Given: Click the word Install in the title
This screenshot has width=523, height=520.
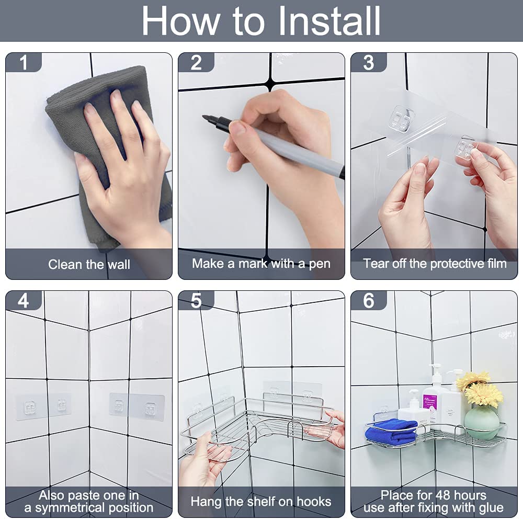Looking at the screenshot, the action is [329, 21].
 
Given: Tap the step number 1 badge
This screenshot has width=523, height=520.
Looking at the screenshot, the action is [24, 62].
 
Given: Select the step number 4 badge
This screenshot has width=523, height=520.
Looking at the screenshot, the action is [24, 300].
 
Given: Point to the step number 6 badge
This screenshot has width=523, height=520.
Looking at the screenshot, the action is [369, 300].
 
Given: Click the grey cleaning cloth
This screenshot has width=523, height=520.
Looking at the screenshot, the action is [107, 147].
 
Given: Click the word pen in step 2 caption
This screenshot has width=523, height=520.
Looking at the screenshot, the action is [320, 264].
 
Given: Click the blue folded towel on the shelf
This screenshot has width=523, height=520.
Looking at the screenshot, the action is [391, 432].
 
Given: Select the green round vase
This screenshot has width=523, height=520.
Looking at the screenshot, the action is [482, 423].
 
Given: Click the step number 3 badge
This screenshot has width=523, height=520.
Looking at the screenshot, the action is [369, 62].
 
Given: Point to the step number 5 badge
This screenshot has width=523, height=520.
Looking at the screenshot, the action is [196, 300].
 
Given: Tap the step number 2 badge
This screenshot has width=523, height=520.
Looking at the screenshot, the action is [196, 62].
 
